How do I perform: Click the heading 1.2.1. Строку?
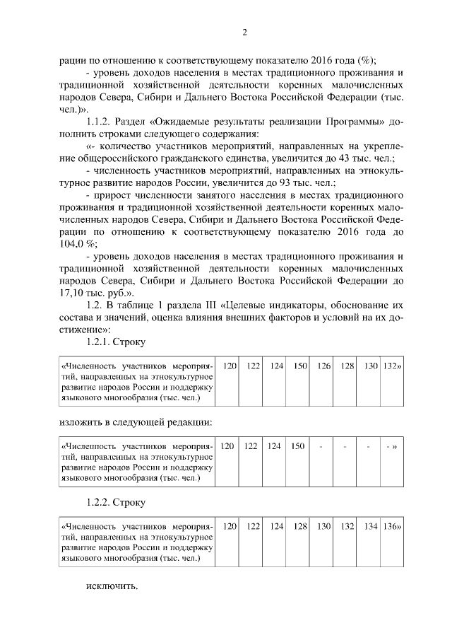[x=116, y=342]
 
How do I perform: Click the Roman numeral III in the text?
[x=207, y=305]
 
